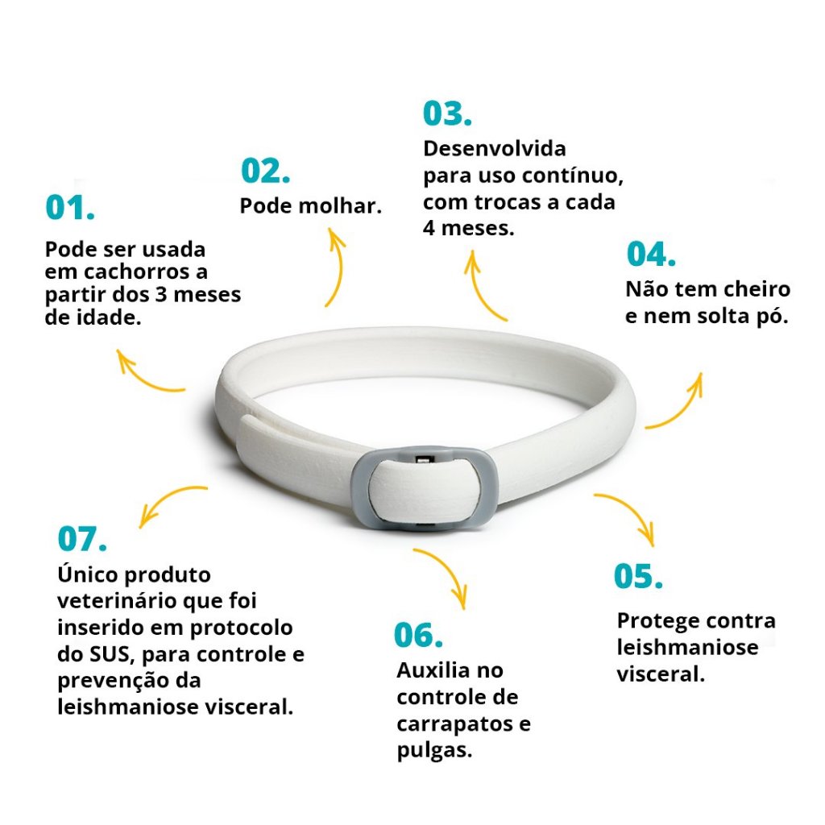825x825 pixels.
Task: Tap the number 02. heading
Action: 265,171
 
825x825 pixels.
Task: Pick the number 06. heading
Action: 419,635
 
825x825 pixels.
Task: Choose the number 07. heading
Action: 82,538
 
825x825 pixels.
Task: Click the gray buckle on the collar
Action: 425,488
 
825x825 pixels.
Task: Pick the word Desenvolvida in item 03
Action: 495,148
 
